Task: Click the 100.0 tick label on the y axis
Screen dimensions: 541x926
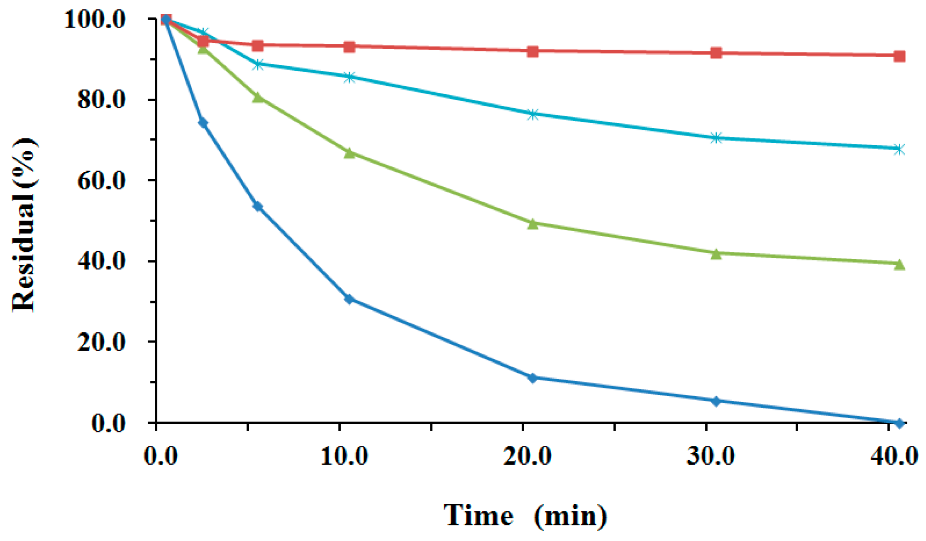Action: tap(95, 19)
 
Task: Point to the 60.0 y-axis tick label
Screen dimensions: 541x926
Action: tap(101, 181)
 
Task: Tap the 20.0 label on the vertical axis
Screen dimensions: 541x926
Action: tap(101, 342)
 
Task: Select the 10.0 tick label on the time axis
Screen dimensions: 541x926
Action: tap(344, 456)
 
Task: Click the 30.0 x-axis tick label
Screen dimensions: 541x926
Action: tap(710, 456)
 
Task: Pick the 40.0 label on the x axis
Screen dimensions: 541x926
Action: tap(894, 456)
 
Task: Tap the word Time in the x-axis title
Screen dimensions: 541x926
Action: tap(478, 516)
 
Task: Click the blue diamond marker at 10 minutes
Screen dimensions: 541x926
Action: tap(349, 299)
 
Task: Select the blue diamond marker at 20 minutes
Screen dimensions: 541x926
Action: tap(532, 378)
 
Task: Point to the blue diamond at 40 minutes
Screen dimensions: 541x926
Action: tap(899, 422)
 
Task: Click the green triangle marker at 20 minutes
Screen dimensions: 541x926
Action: tap(532, 224)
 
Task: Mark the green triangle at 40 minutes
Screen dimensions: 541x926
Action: tap(899, 264)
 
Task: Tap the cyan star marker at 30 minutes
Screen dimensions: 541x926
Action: tap(716, 138)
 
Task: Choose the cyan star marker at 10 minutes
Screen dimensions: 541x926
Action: tap(349, 77)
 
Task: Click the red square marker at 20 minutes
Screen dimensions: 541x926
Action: tap(532, 51)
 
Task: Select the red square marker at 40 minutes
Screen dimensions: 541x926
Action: tap(899, 56)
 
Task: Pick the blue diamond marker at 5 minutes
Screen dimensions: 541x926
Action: tap(258, 207)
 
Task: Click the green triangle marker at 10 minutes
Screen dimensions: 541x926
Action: tap(349, 153)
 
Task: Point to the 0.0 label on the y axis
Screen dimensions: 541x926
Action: tap(109, 423)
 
